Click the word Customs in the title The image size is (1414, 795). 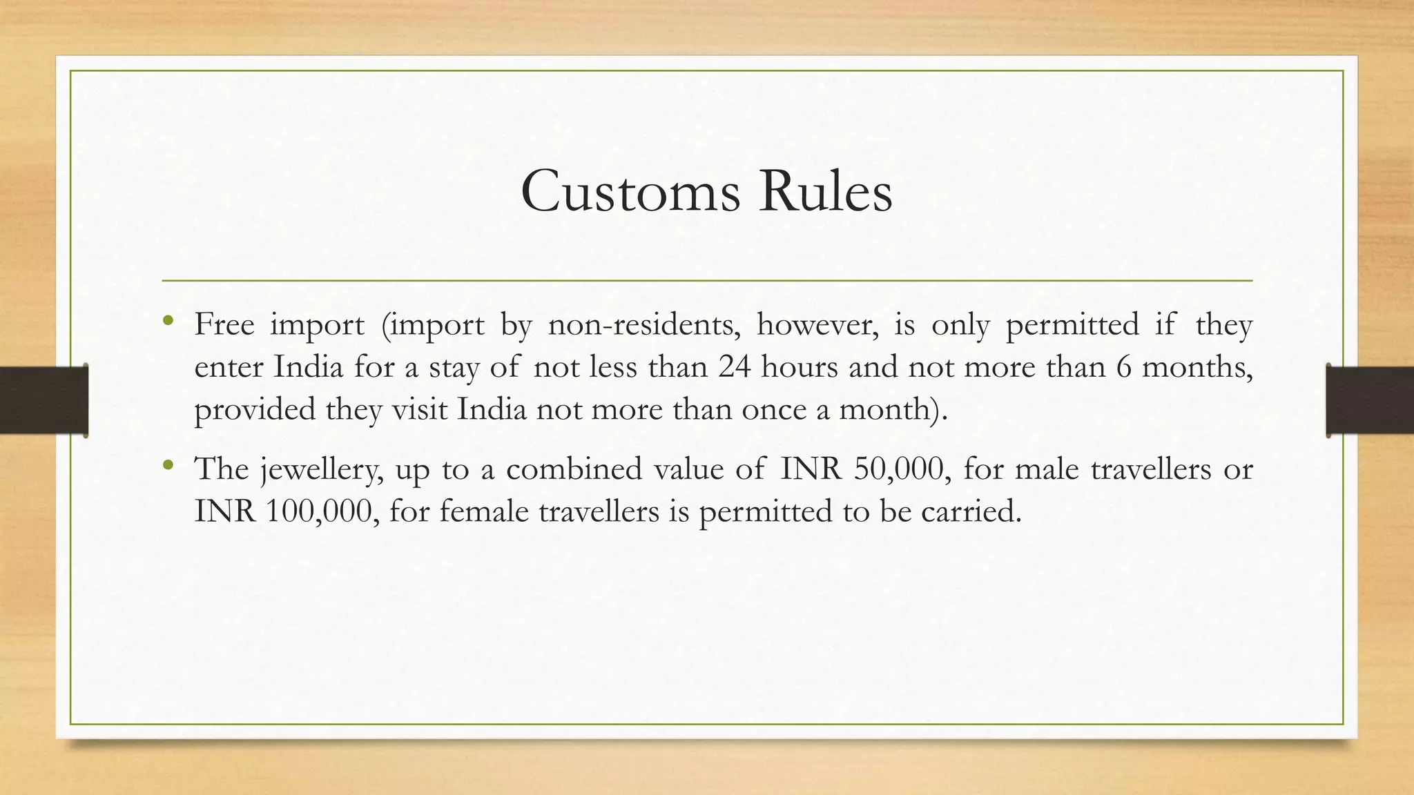[x=631, y=191]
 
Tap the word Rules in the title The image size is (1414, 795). [x=825, y=191]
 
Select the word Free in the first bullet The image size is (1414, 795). [x=224, y=324]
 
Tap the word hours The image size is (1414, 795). [x=800, y=366]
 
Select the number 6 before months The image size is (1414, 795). [x=1124, y=366]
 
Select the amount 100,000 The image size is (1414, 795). [x=322, y=512]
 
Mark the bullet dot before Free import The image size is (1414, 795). [x=168, y=320]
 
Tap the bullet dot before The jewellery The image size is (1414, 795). [x=168, y=465]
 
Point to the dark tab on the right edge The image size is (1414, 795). [x=1370, y=400]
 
